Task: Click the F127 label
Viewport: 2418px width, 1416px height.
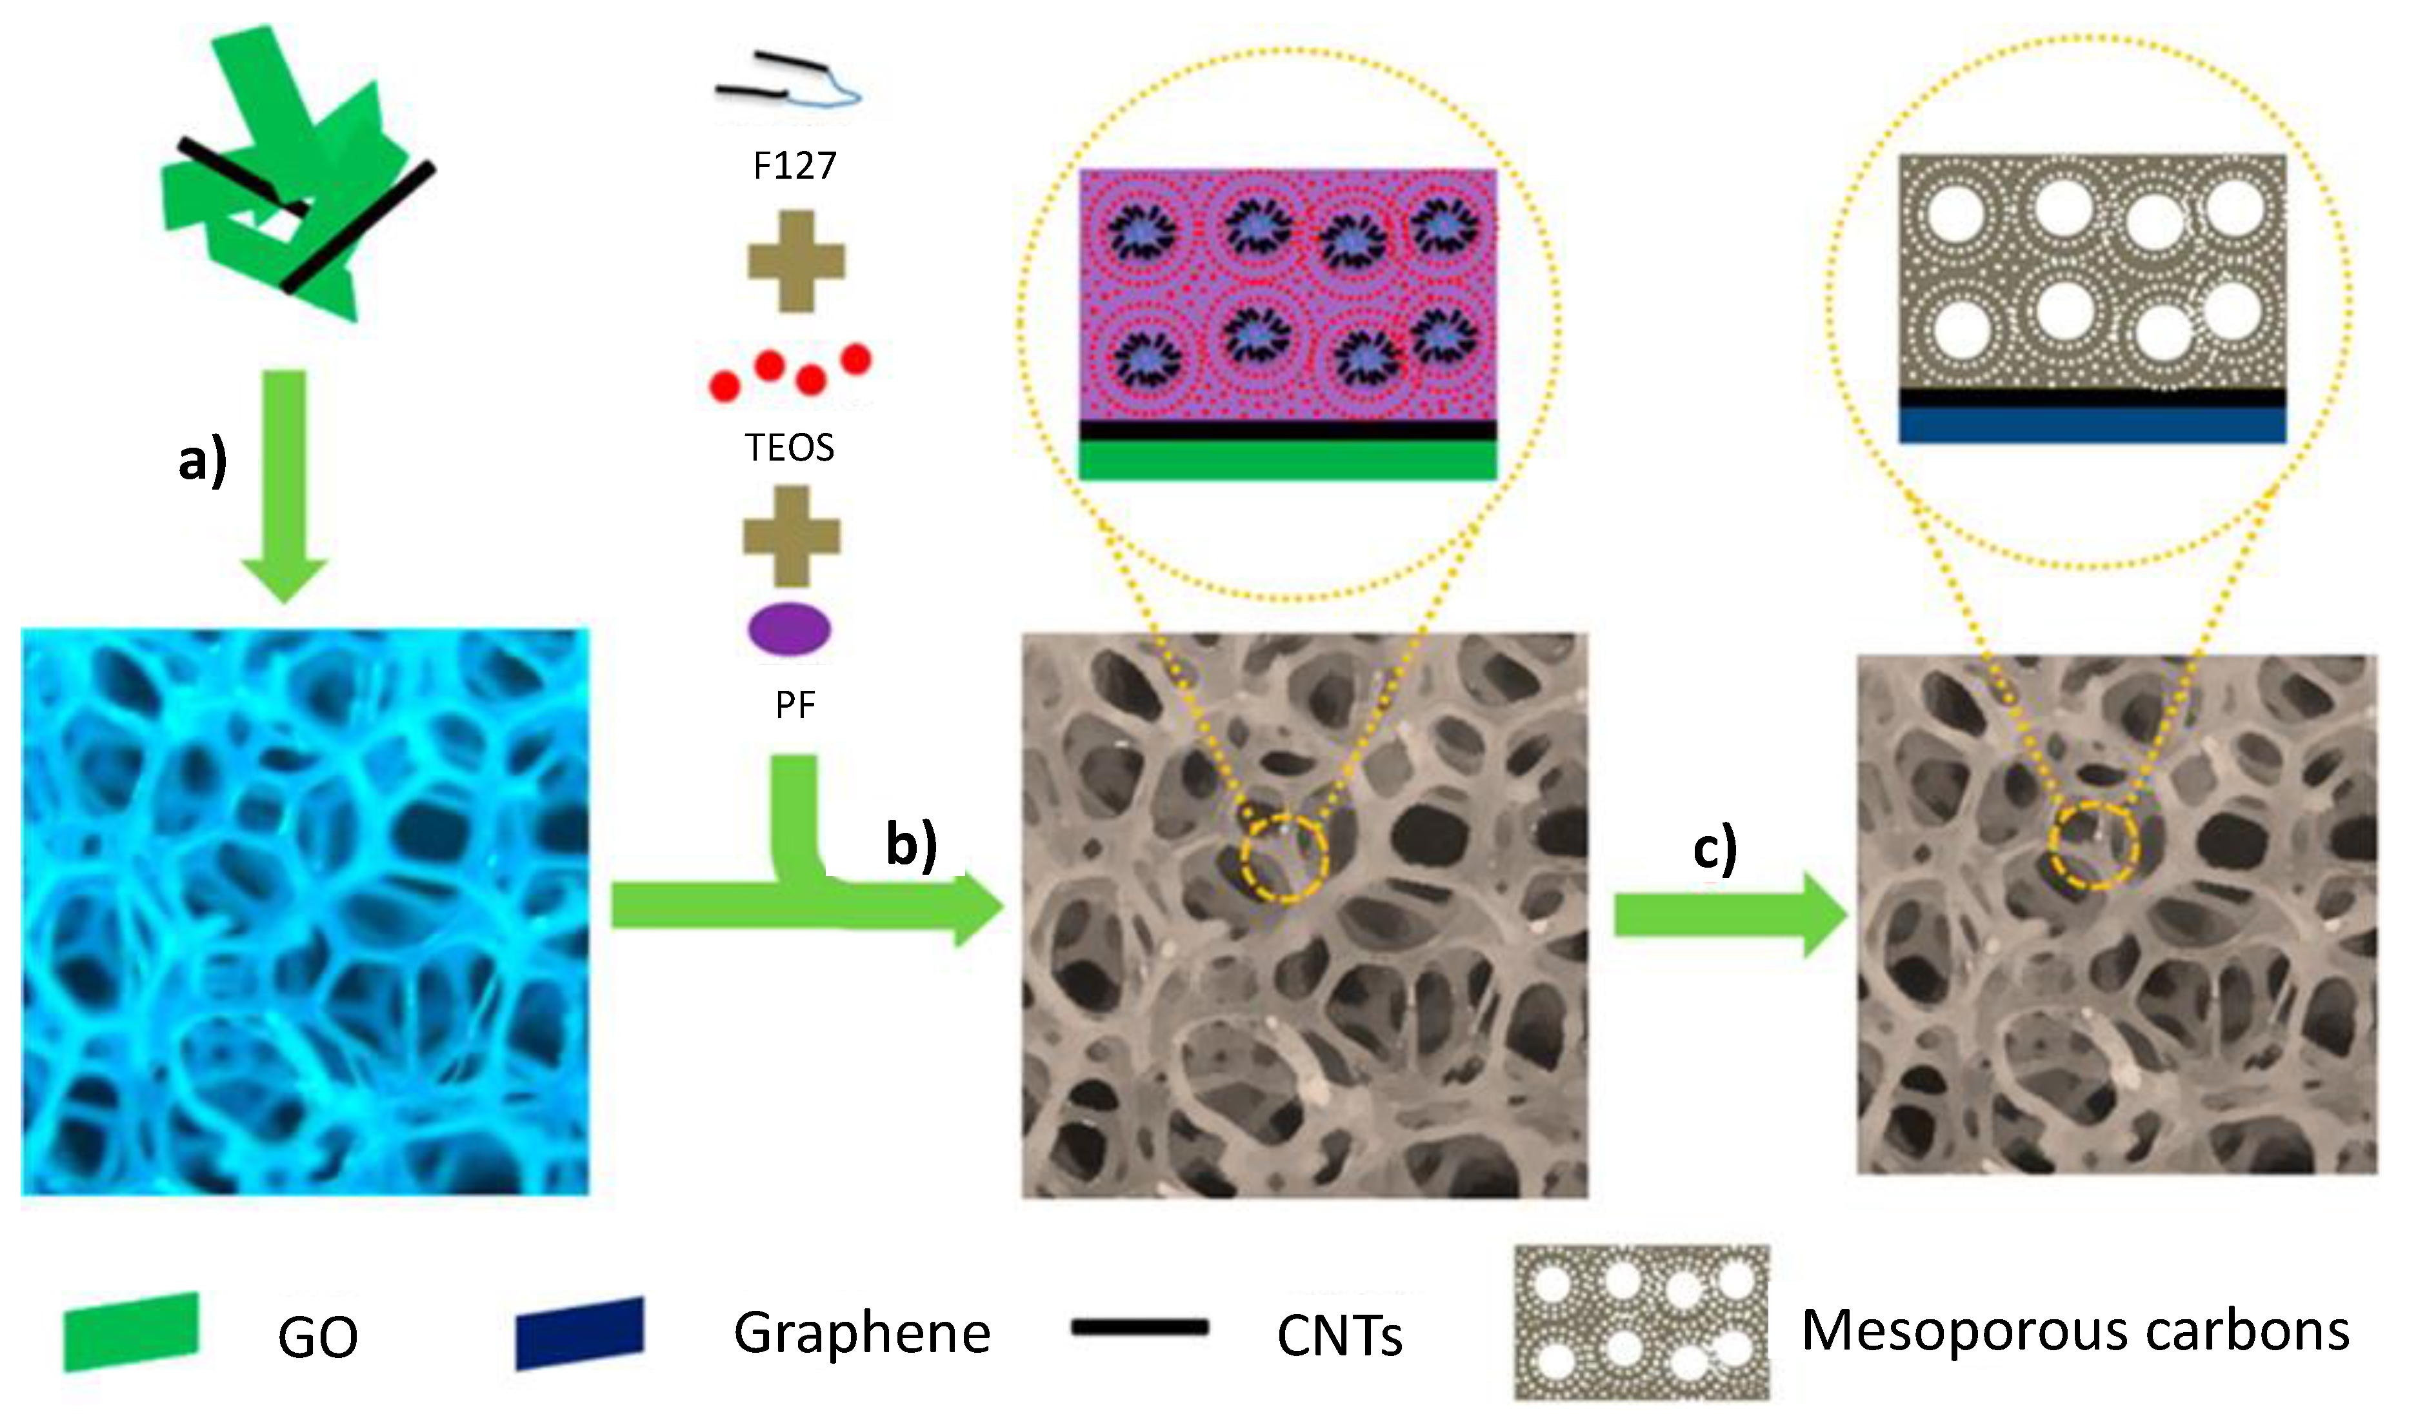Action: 794,166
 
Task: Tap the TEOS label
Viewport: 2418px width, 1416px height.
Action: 790,447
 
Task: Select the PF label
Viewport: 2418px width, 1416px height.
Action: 794,705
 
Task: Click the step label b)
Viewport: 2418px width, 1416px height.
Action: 910,844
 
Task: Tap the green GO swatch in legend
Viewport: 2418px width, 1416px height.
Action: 132,1331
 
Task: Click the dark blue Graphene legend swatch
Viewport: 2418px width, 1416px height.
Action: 579,1333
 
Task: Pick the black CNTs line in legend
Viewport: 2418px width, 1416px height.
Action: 1140,1328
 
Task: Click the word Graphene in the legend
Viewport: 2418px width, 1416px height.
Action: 862,1333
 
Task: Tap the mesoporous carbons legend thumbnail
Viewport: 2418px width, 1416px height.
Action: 1642,1323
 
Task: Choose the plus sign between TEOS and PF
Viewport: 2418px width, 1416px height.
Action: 792,536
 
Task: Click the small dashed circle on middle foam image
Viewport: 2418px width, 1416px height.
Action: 1284,856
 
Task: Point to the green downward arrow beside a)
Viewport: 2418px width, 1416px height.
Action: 285,485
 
